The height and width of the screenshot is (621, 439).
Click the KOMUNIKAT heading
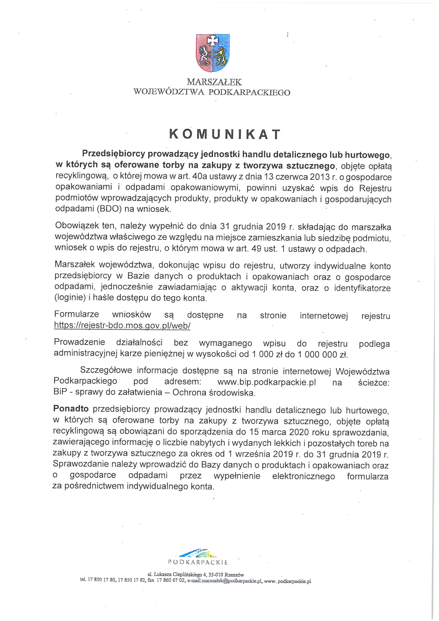[225, 134]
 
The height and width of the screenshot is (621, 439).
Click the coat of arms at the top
[213, 53]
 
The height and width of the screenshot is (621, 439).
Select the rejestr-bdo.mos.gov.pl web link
[122, 326]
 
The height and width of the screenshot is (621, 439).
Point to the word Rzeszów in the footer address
[236, 575]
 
